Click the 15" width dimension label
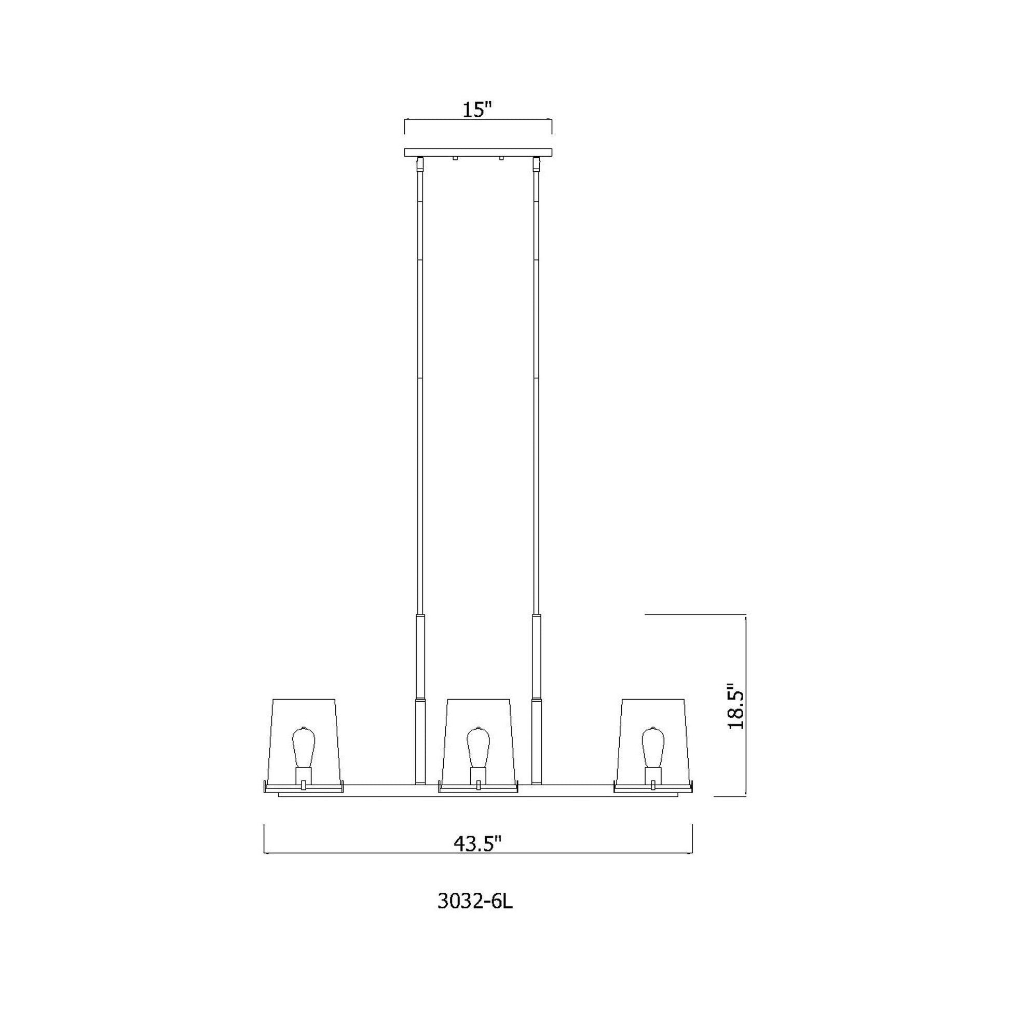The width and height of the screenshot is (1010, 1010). pos(478,110)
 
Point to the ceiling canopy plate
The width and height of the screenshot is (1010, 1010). pos(479,153)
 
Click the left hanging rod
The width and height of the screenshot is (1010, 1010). pos(420,392)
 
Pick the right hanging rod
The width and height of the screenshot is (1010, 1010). pos(536,392)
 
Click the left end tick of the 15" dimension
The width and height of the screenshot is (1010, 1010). pos(405,127)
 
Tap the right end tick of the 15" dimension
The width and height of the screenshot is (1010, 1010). pos(552,127)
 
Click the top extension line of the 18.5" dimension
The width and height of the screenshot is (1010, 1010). pos(695,615)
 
